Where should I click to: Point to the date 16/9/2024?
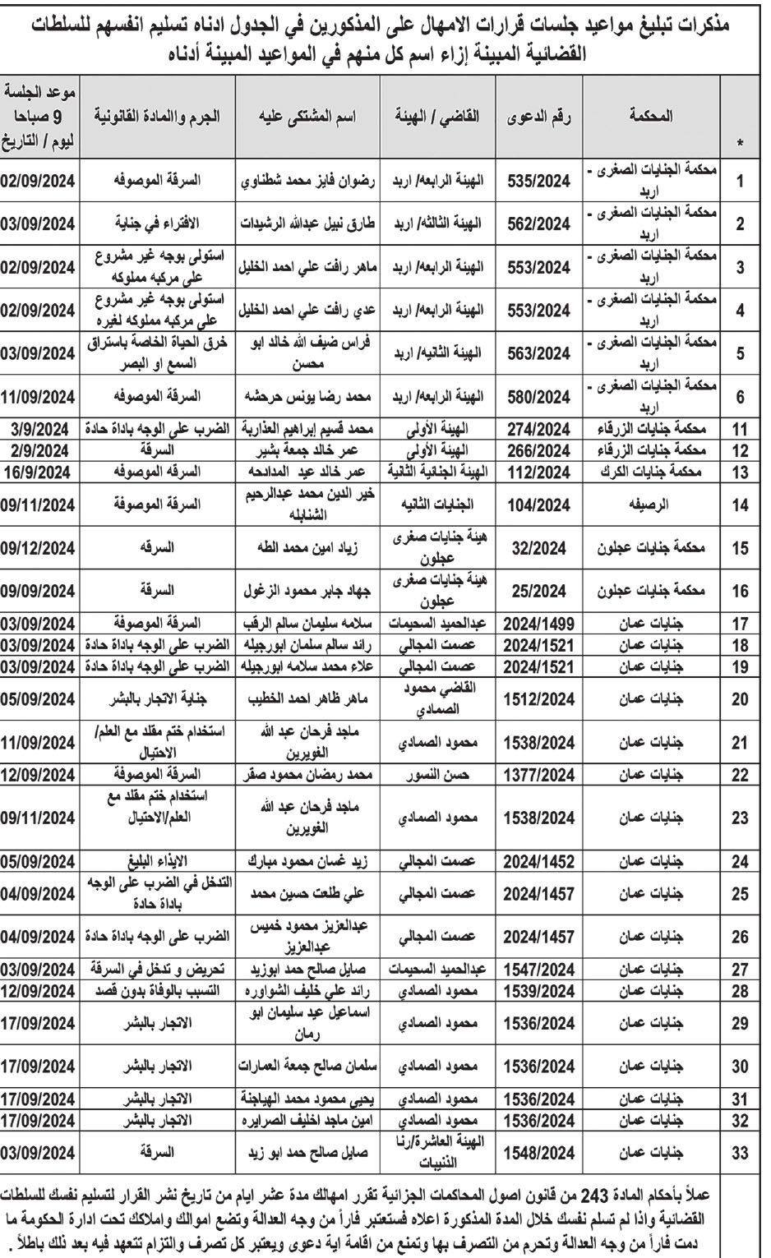(x=40, y=472)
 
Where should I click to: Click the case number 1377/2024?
(x=536, y=775)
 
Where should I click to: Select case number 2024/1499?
(x=536, y=622)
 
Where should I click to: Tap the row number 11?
(x=741, y=429)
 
